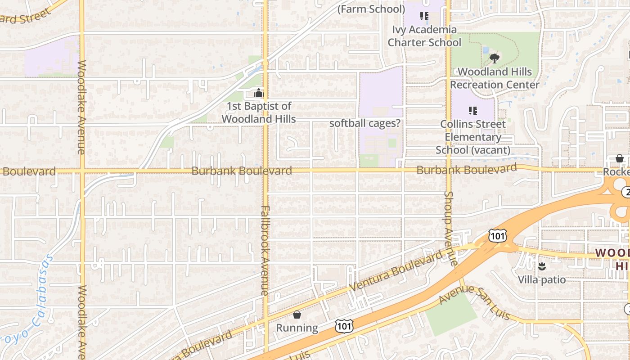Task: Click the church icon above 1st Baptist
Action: tap(259, 93)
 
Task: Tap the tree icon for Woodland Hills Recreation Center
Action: tap(495, 58)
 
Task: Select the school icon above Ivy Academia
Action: tap(424, 16)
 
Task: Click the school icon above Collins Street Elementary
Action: tap(472, 110)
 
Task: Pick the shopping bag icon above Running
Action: tap(297, 314)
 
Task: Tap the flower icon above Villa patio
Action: tap(542, 266)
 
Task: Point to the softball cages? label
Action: tap(364, 123)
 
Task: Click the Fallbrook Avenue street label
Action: tap(265, 251)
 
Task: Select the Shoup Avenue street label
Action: tap(450, 228)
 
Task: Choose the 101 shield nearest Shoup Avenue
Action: tap(497, 235)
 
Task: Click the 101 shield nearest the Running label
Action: tap(344, 326)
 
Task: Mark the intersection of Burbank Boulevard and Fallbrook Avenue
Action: tap(265, 171)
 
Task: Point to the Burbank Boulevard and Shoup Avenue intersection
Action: tap(448, 170)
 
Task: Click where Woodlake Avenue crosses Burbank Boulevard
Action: tap(82, 171)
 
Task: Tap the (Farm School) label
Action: tap(371, 9)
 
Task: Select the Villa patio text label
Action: tap(541, 280)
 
